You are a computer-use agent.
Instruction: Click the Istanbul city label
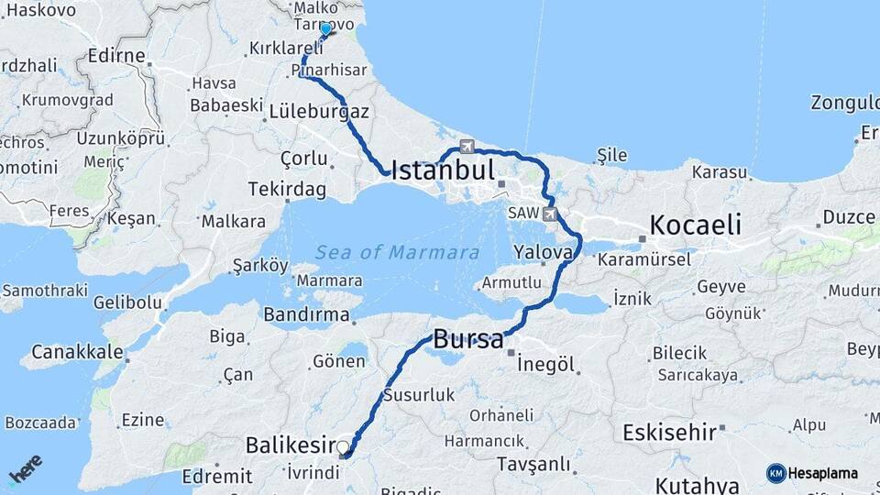click(443, 170)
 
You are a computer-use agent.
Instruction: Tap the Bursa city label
click(468, 338)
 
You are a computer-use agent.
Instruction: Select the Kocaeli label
click(695, 225)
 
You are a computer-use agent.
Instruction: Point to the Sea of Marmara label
click(397, 252)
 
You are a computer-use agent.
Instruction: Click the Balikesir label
click(288, 446)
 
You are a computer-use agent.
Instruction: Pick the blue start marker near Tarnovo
click(325, 29)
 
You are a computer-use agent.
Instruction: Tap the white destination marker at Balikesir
click(343, 448)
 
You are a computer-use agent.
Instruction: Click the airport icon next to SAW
click(549, 214)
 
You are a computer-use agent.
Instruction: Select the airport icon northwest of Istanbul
click(467, 147)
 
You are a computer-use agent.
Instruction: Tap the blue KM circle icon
click(776, 473)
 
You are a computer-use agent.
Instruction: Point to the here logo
click(25, 469)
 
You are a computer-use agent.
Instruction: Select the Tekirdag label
click(287, 189)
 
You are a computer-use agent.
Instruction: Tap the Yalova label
click(544, 251)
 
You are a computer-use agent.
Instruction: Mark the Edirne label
click(116, 56)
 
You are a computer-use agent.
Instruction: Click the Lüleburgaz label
click(319, 112)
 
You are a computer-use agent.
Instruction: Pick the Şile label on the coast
click(611, 155)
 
